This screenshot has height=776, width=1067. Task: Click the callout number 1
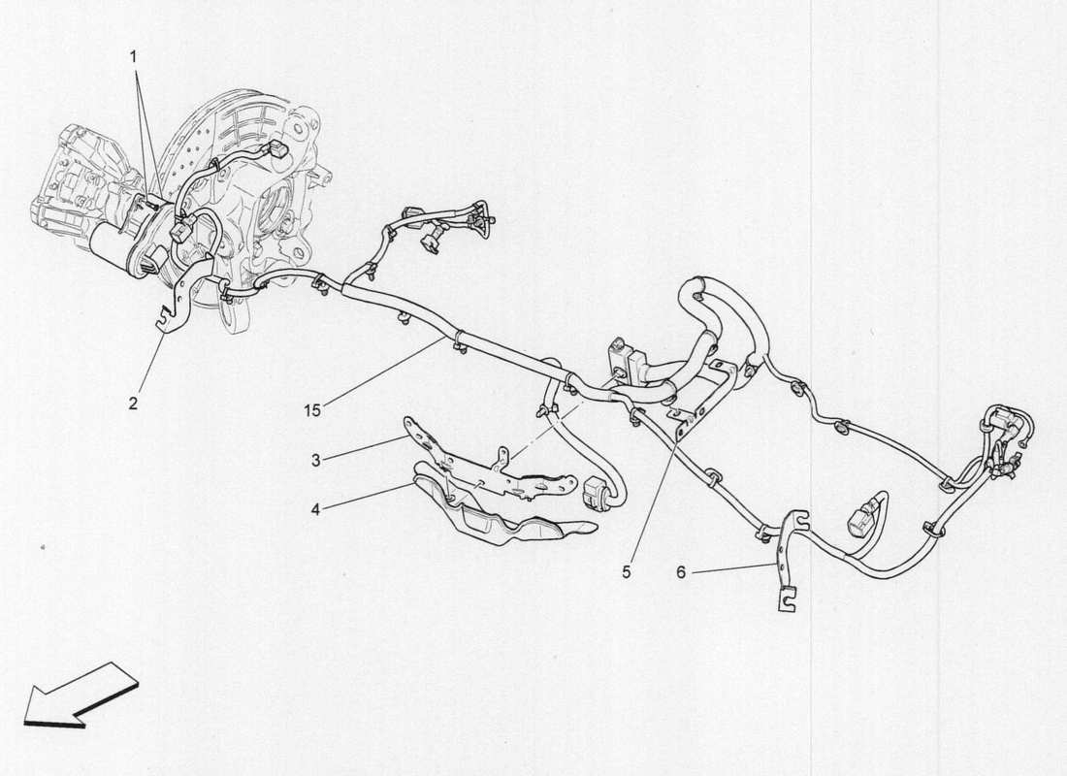point(136,57)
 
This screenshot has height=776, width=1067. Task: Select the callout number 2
point(133,402)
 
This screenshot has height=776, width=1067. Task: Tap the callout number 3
point(315,460)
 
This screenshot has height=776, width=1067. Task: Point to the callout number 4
point(315,505)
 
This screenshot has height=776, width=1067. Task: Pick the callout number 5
point(627,572)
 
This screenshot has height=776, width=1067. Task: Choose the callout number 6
point(681,573)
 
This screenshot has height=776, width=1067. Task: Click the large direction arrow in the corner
point(78,693)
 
